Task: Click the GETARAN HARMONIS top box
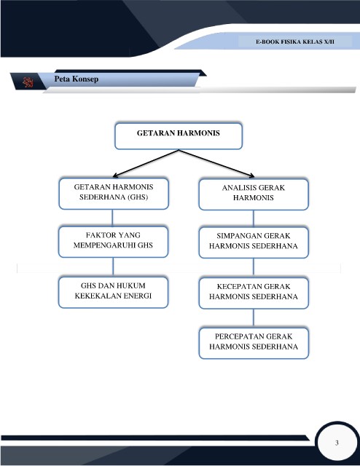(x=179, y=136)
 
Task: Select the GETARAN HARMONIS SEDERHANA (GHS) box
(x=114, y=194)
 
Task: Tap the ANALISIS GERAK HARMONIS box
(x=254, y=194)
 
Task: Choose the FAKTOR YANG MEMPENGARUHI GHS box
(x=114, y=242)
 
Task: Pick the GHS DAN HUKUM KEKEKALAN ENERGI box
(x=114, y=292)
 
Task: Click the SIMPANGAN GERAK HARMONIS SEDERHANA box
(x=254, y=242)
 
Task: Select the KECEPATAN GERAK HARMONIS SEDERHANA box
(x=254, y=293)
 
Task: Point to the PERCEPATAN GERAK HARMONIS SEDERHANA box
(x=254, y=343)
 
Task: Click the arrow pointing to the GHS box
(x=146, y=163)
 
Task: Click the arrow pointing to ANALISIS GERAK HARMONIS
(x=216, y=163)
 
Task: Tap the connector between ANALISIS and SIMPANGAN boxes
(x=254, y=218)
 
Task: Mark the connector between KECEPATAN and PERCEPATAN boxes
(x=254, y=318)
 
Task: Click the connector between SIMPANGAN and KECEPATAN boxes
(x=254, y=268)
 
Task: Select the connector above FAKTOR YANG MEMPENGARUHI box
(x=112, y=218)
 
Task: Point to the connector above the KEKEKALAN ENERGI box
(x=113, y=267)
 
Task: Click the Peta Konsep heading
(x=77, y=79)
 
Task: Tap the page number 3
(x=337, y=443)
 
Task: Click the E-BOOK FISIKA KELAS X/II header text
(x=295, y=42)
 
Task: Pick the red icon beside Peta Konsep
(x=28, y=82)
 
